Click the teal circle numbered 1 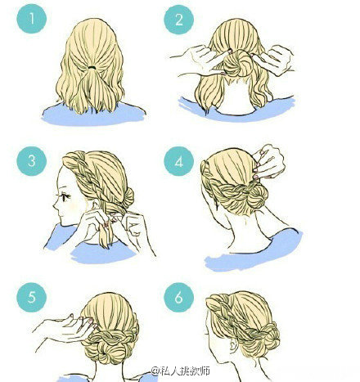(32, 19)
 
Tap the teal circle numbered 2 (178, 20)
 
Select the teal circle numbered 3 (32, 161)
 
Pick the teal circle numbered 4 (178, 161)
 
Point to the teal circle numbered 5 (32, 297)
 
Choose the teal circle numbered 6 (178, 297)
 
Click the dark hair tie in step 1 (92, 67)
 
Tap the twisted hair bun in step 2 (236, 63)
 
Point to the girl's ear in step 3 (95, 204)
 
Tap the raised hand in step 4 (268, 161)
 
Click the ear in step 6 (232, 346)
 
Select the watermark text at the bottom (181, 371)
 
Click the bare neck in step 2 (236, 97)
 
